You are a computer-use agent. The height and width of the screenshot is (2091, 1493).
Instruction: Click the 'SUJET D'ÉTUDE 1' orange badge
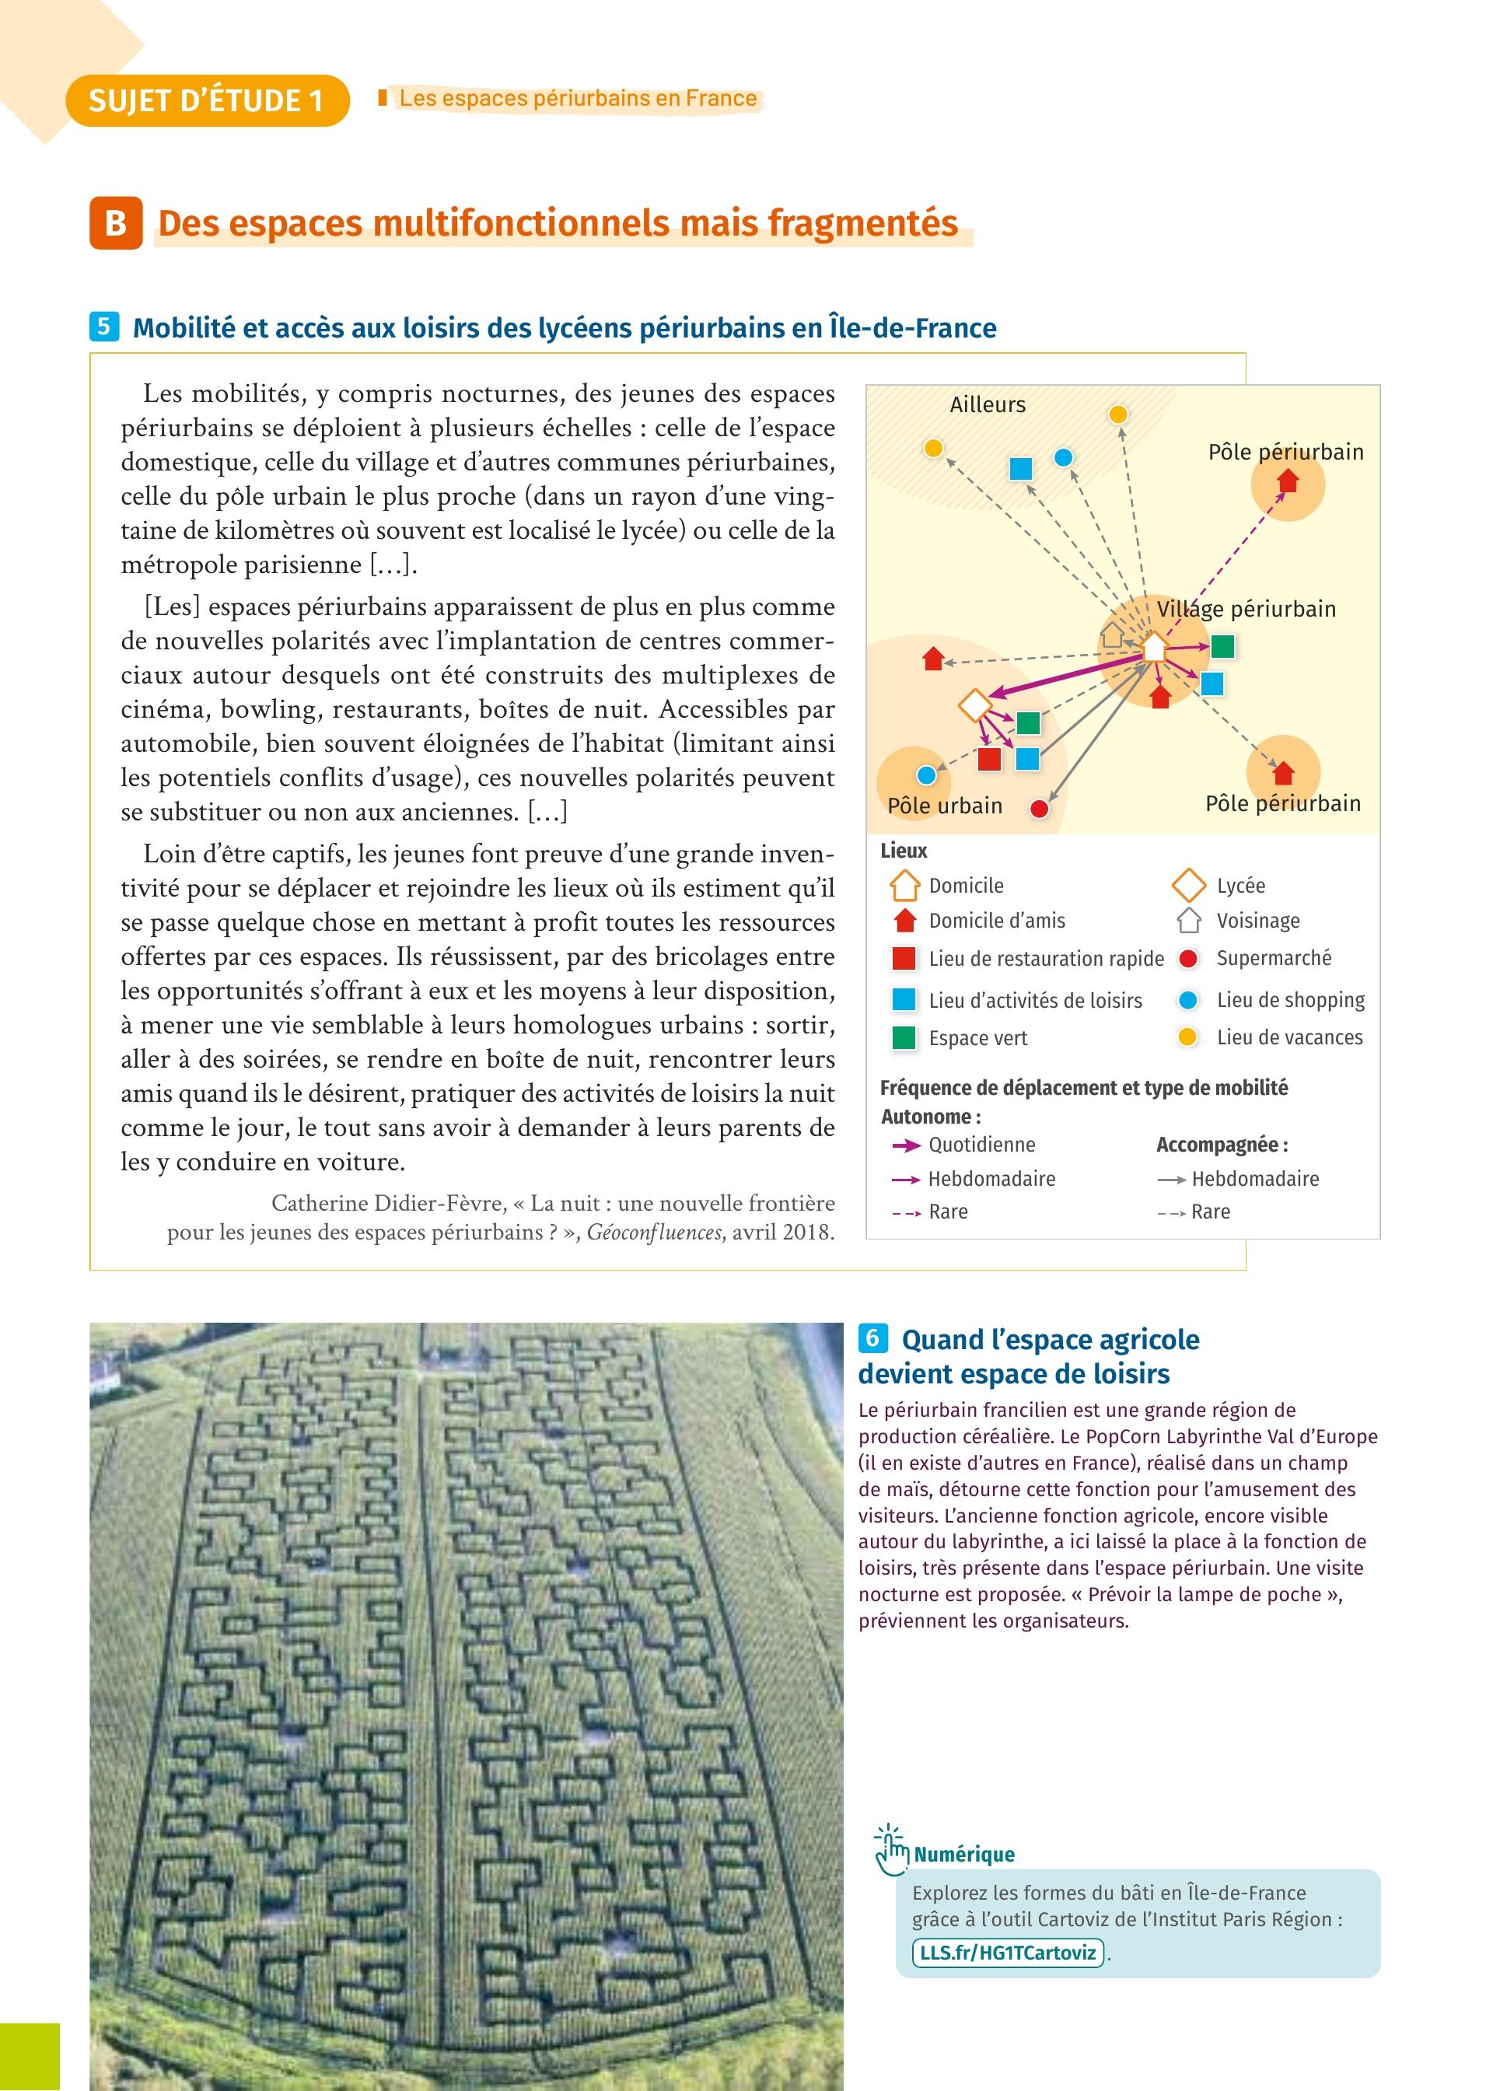(207, 100)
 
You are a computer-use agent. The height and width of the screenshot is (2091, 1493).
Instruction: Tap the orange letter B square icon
(116, 223)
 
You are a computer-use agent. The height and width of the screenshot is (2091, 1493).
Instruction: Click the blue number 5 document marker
(104, 327)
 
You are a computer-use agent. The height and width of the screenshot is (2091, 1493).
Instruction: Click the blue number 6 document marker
(872, 1338)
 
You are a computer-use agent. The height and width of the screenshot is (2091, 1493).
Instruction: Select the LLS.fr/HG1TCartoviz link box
(1008, 1953)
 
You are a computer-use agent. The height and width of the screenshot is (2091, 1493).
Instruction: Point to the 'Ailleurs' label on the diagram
(988, 404)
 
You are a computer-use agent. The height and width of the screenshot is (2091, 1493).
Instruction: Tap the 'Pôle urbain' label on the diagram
(944, 806)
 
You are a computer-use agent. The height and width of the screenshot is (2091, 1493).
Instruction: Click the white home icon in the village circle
(1154, 647)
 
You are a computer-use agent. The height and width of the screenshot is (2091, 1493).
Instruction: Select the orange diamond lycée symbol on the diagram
(974, 706)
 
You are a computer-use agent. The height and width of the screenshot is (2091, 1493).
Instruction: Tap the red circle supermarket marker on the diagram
(1039, 809)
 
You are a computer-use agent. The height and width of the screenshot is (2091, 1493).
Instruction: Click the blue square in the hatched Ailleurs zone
(1020, 469)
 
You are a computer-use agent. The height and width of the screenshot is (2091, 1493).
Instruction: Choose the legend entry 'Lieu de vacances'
(1289, 1037)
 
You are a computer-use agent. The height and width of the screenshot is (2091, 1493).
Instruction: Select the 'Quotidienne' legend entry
(981, 1145)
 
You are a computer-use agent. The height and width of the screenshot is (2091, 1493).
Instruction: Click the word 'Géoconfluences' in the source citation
(654, 1233)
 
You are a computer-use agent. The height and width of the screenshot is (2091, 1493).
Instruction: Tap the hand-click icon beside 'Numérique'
(890, 1849)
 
